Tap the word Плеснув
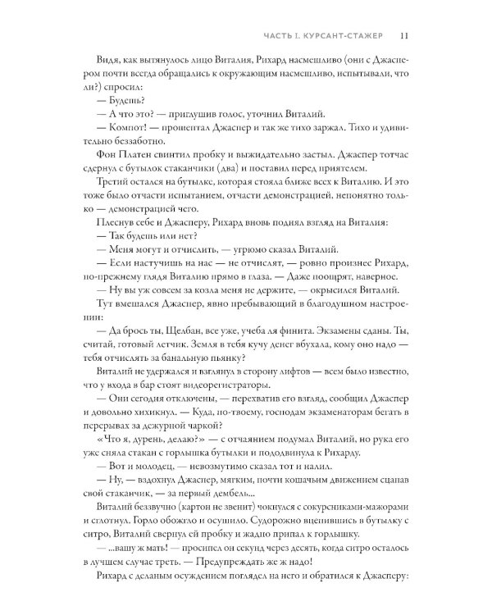(112, 245)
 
